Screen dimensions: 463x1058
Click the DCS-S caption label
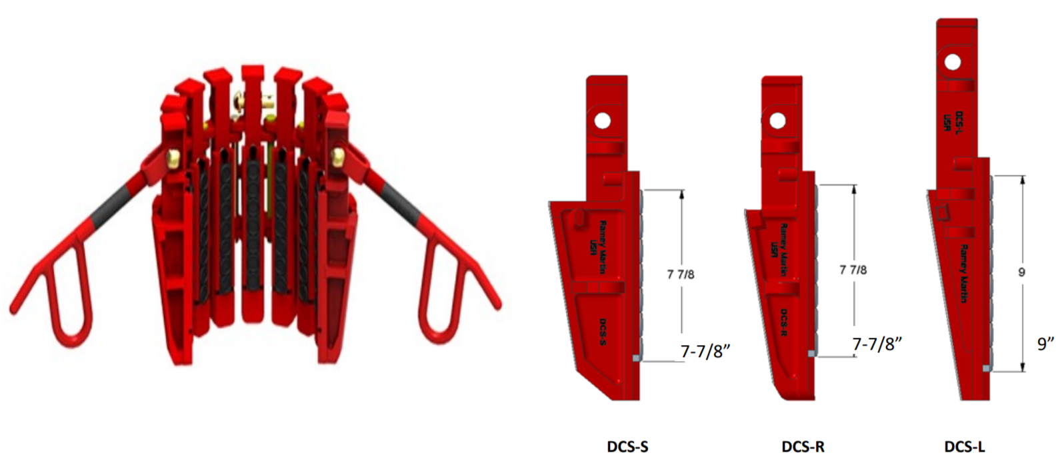(x=627, y=446)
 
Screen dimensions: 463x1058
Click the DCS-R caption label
(x=802, y=446)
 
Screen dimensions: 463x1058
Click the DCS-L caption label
(x=965, y=446)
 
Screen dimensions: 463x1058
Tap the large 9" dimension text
(x=1045, y=344)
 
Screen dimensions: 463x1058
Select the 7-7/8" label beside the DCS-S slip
(x=705, y=351)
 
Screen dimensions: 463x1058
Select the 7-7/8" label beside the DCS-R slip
(x=877, y=344)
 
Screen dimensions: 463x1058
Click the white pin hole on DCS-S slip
(x=603, y=121)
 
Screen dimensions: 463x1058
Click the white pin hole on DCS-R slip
(x=777, y=121)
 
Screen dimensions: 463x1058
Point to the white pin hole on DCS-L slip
(x=952, y=63)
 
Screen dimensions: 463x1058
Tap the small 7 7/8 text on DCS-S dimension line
(x=681, y=274)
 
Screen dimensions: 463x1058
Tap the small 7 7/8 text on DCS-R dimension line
(x=853, y=270)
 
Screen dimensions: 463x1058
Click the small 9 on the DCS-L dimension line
(x=1021, y=272)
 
